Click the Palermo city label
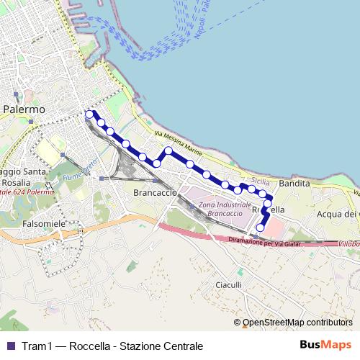[x=24, y=109]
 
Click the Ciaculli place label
[x=229, y=285]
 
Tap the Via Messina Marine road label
[x=178, y=142]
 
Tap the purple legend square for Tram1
[x=10, y=346]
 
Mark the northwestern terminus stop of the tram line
[x=89, y=114]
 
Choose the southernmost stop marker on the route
[x=260, y=228]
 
